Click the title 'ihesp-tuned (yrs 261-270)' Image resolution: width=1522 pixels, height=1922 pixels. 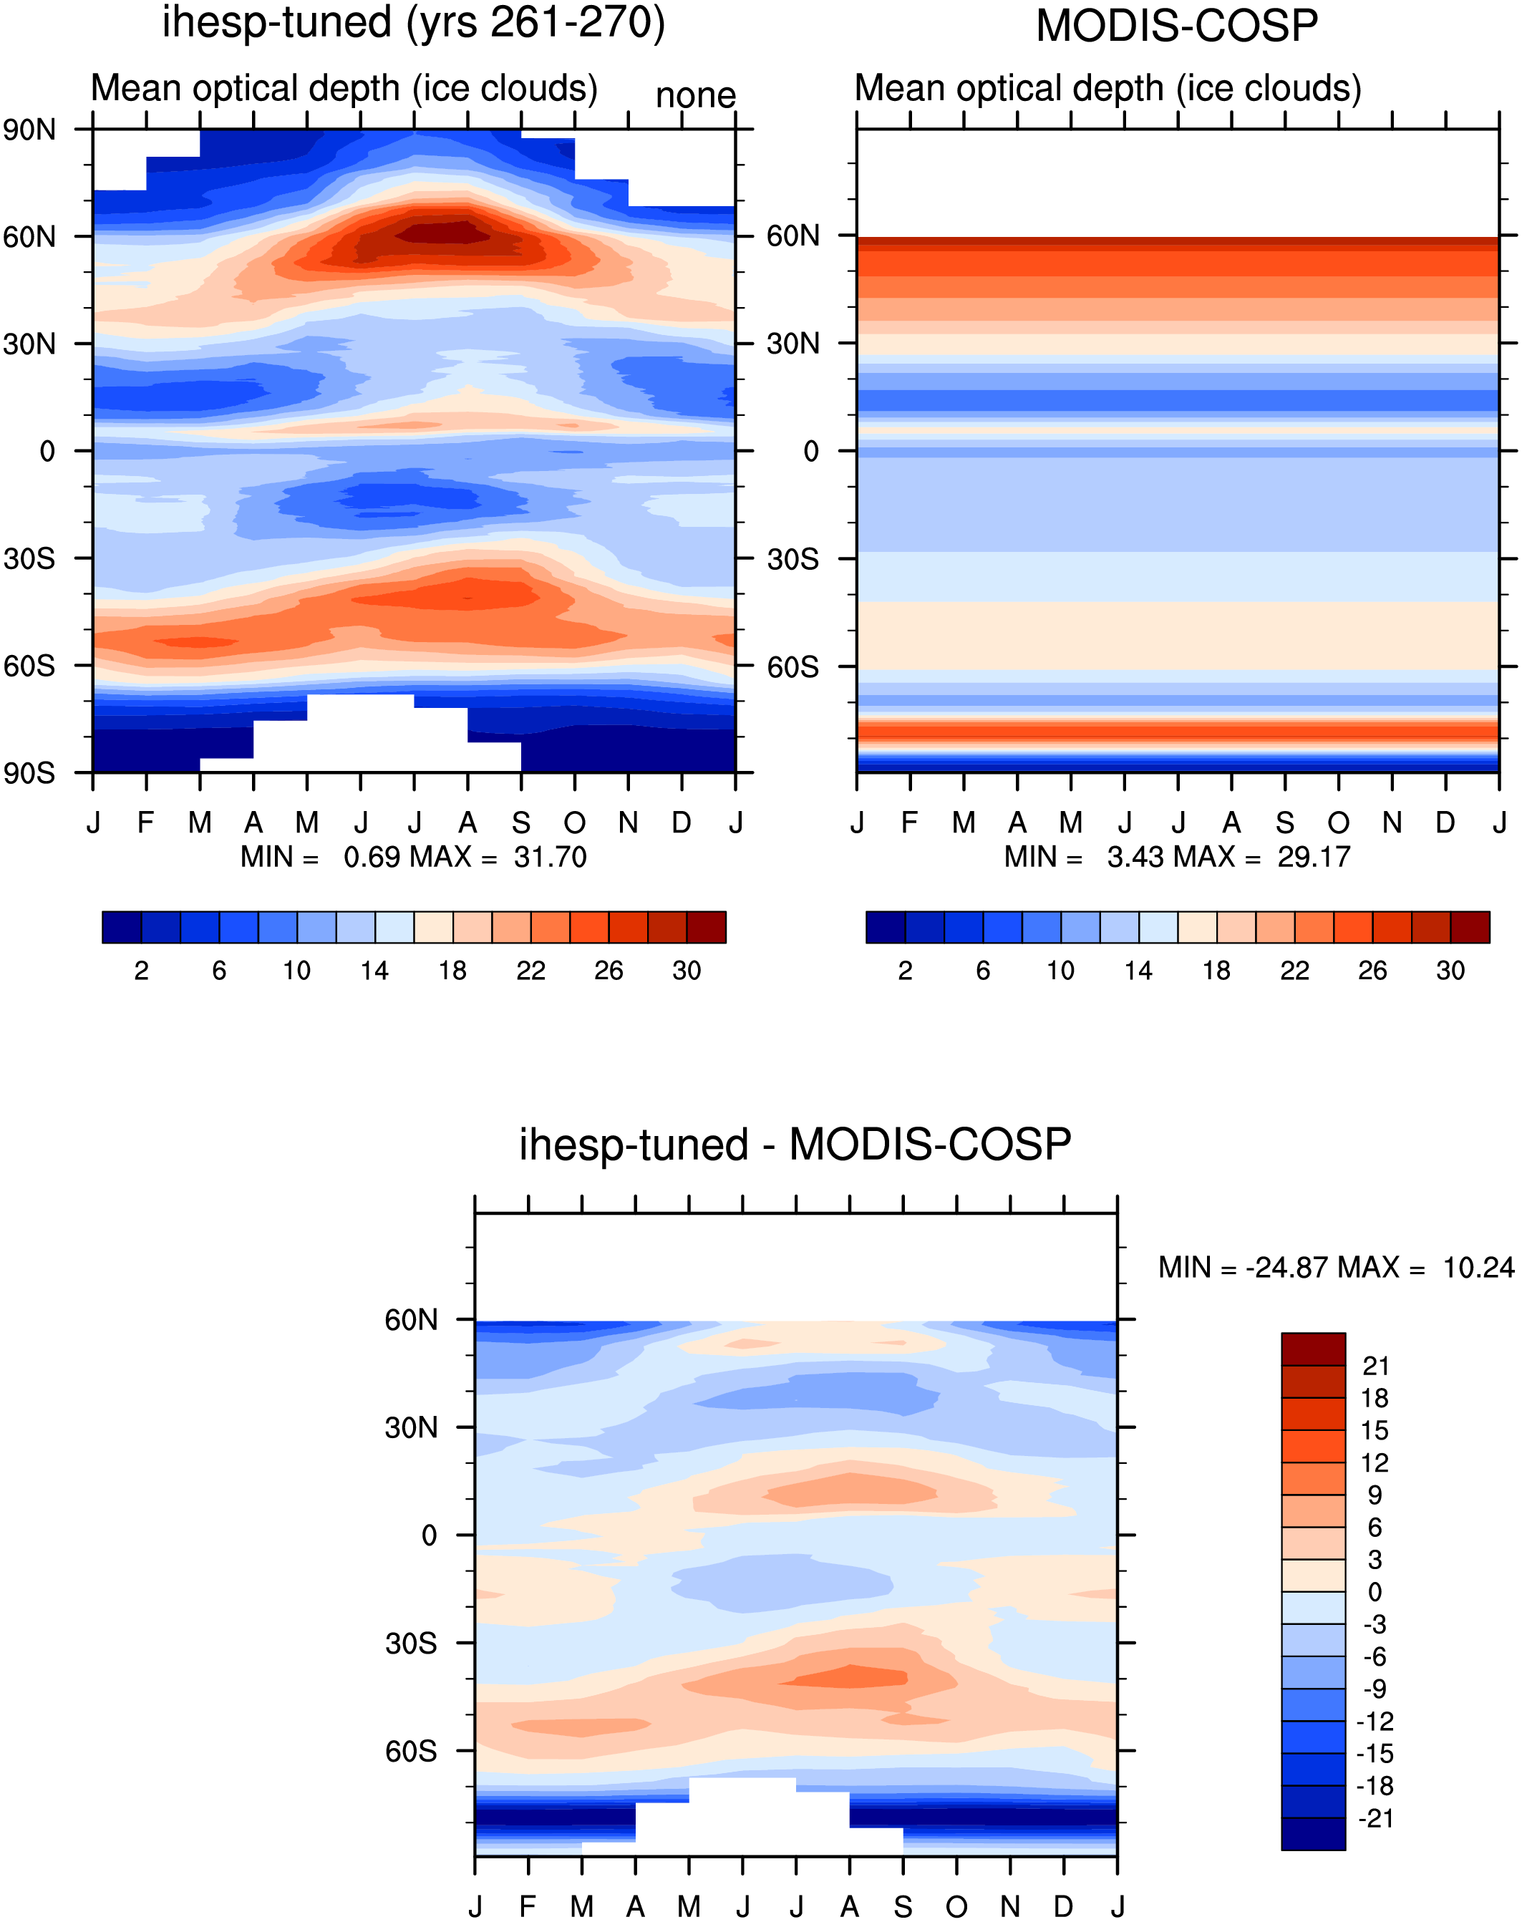[414, 23]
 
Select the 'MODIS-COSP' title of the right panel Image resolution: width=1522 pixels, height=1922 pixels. [1176, 26]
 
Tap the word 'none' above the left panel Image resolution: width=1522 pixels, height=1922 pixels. [696, 95]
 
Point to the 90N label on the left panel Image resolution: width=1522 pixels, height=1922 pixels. [29, 130]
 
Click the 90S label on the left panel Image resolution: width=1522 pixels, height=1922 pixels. [29, 772]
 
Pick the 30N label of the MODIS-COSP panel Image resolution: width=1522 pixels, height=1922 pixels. [793, 343]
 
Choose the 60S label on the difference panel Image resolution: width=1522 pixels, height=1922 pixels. [411, 1751]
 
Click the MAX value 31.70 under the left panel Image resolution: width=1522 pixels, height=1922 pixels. [550, 857]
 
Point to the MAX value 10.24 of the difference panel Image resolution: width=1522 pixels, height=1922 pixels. [1478, 1267]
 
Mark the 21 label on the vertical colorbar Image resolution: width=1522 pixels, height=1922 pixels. [1376, 1366]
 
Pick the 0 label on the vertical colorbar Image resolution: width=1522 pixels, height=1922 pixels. [1375, 1591]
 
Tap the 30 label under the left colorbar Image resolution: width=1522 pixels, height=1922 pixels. [686, 971]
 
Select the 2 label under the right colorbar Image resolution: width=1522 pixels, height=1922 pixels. [906, 971]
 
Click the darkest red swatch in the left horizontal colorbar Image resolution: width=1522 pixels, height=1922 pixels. [707, 927]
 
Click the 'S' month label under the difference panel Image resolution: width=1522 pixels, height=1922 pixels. [903, 1906]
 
